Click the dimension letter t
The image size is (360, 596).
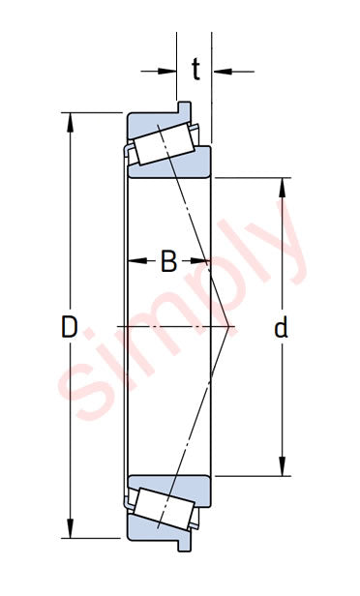[195, 70]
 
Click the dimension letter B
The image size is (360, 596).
[168, 261]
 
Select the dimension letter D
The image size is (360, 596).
[69, 327]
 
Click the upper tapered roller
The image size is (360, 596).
[165, 144]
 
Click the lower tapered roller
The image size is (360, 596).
[165, 509]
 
